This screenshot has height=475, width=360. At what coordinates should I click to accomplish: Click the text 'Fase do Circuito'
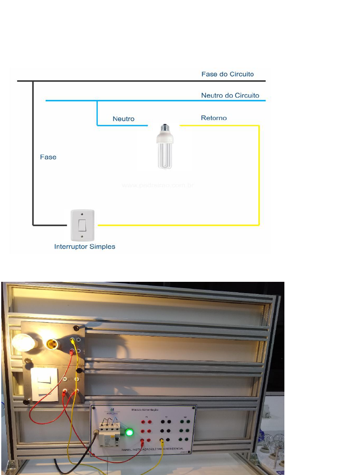[x=227, y=74]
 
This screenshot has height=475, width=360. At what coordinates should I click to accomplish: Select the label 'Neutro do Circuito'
[x=230, y=96]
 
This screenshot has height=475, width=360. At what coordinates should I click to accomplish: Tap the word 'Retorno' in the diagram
[x=214, y=118]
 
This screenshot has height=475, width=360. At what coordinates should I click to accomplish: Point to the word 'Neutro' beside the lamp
[x=124, y=119]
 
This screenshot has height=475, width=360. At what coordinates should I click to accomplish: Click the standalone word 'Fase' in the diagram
[x=48, y=157]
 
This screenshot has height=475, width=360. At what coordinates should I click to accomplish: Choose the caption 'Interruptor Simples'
[x=84, y=247]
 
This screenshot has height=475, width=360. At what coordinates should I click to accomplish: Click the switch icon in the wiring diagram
[x=83, y=225]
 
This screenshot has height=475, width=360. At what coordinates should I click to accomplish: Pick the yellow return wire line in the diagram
[x=259, y=176]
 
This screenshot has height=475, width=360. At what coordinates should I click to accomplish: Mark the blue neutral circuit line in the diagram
[x=168, y=101]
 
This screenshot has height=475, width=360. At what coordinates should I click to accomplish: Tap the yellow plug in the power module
[x=161, y=441]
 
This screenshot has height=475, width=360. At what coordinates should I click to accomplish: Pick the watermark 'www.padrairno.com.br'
[x=158, y=185]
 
